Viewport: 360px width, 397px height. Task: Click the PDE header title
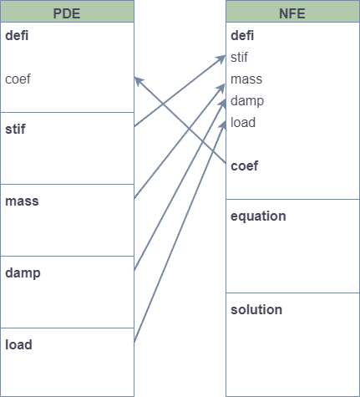tap(67, 13)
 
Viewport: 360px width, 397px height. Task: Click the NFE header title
tap(292, 13)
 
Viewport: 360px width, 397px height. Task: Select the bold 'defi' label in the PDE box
tap(17, 36)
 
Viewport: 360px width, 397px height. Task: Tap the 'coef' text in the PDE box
tap(18, 79)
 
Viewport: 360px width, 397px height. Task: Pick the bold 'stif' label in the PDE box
tap(15, 130)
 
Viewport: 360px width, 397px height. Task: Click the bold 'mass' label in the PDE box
tap(22, 201)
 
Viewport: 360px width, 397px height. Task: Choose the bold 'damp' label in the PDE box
tap(23, 273)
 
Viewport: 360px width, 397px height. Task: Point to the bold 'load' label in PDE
tap(18, 345)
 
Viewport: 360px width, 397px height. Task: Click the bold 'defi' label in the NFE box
tap(242, 36)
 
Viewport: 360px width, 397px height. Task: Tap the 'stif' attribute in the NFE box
tap(239, 58)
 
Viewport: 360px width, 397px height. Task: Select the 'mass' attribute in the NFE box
tap(246, 79)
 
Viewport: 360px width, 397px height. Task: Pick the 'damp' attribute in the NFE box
tap(247, 101)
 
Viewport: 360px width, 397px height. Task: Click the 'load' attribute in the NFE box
tap(243, 123)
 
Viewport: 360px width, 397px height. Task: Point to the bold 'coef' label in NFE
tap(245, 166)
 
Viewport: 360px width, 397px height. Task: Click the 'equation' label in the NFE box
tap(258, 216)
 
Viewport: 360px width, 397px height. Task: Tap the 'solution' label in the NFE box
tap(256, 310)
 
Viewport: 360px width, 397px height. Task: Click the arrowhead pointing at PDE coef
tap(139, 81)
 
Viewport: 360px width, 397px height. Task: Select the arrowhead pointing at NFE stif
tap(221, 59)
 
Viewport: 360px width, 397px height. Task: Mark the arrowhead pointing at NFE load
tap(223, 125)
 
